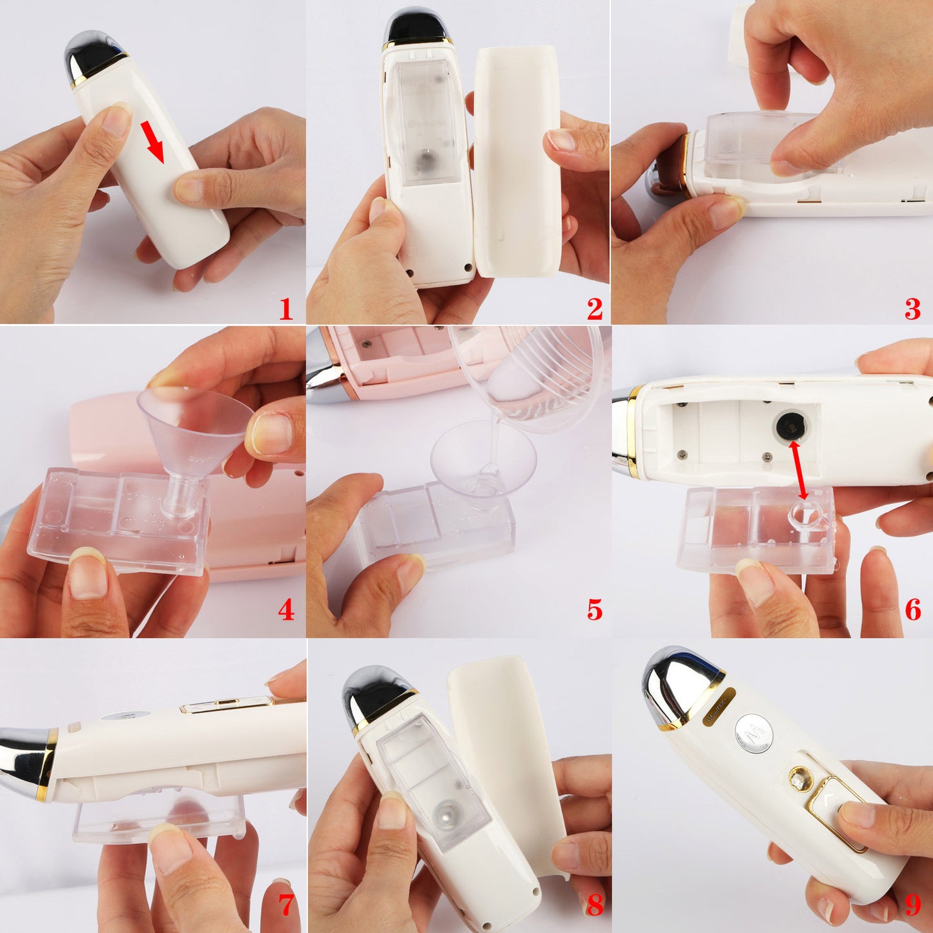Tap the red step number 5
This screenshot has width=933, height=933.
pyautogui.click(x=594, y=610)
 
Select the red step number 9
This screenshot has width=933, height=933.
pyautogui.click(x=912, y=905)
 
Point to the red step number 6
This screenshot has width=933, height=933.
pyautogui.click(x=912, y=610)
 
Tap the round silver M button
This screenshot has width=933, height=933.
pyautogui.click(x=754, y=733)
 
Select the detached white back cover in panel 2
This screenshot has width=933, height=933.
pyautogui.click(x=517, y=161)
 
